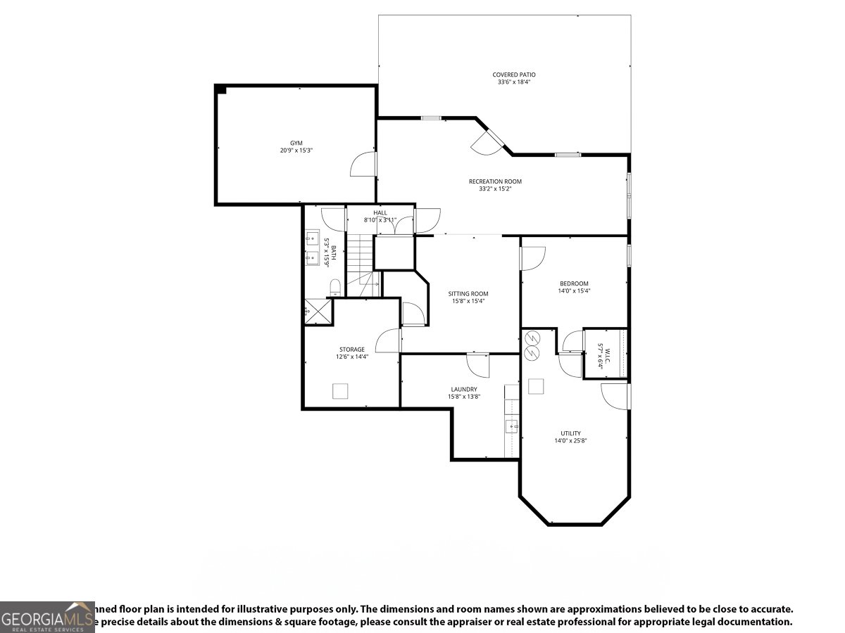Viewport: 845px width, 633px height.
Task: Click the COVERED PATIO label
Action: tap(513, 74)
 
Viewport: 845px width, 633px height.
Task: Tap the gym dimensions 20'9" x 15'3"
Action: tap(296, 150)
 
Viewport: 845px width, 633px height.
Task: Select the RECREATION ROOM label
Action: tap(495, 181)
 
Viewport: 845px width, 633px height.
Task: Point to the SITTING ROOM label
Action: tap(468, 293)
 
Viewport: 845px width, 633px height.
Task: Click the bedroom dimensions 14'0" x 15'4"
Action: tap(574, 290)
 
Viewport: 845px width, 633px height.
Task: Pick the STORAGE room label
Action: tap(351, 349)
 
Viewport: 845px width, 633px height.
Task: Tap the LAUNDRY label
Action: tap(464, 389)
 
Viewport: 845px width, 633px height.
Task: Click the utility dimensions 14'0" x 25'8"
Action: tap(570, 441)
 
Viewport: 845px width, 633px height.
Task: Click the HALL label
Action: tap(380, 212)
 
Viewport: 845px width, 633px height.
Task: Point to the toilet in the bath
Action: tap(335, 286)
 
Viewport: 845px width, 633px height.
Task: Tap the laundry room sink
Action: tap(512, 425)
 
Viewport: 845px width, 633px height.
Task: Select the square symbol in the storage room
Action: tap(341, 391)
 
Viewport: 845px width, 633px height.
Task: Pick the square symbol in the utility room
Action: tap(536, 386)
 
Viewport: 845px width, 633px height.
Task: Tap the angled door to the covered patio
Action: tap(487, 141)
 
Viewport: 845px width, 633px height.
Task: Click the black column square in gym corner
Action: tap(220, 89)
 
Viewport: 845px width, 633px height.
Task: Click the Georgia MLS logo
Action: tap(47, 617)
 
